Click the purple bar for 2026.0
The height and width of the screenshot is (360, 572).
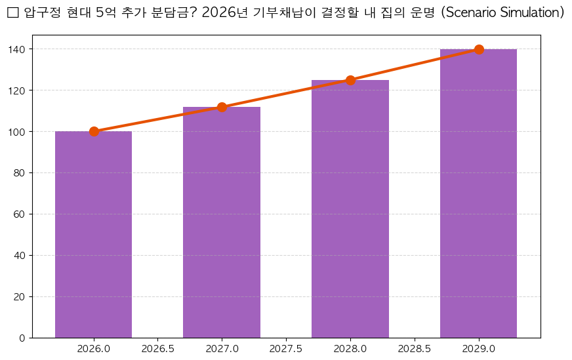point(93,235)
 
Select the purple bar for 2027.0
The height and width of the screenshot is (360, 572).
point(222,222)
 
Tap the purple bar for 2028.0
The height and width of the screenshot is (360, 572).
point(350,209)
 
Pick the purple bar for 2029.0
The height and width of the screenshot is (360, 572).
point(478,193)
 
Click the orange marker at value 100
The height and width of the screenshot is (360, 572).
point(94,131)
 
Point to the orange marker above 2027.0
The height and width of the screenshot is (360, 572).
point(222,107)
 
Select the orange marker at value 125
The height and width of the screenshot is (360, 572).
point(350,80)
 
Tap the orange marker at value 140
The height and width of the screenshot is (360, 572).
point(479,49)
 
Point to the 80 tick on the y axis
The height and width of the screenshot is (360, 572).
point(20,173)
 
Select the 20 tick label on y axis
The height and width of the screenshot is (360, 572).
point(20,297)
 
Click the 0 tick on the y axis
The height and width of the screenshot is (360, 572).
point(22,338)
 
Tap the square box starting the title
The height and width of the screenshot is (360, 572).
point(12,13)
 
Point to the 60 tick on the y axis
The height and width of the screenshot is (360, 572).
point(20,214)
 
